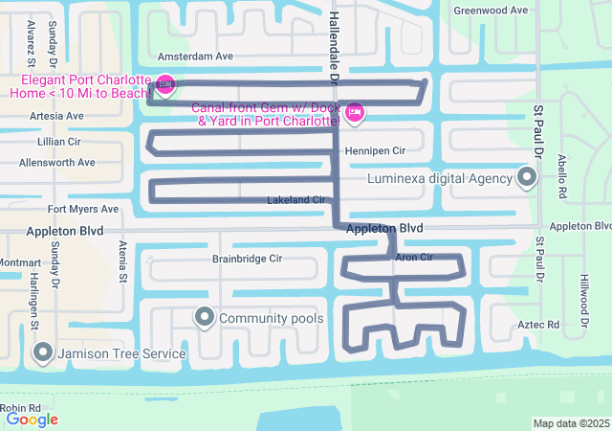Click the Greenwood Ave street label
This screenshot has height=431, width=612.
click(x=491, y=10)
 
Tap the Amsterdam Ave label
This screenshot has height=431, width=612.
click(x=195, y=57)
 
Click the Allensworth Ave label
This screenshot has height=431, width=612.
click(x=57, y=163)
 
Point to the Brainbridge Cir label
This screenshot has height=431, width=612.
click(x=247, y=259)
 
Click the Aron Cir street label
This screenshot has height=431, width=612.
click(x=414, y=258)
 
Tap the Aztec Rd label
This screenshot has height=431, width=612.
click(x=539, y=326)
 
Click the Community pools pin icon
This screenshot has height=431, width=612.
click(x=204, y=317)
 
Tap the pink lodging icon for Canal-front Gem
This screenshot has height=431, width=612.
click(x=355, y=113)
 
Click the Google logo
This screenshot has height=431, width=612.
click(x=32, y=419)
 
